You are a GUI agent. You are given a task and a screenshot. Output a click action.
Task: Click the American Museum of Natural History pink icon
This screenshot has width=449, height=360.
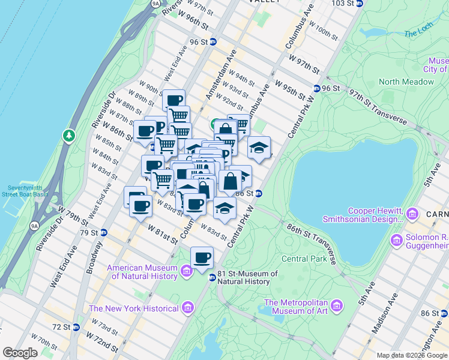tap(186, 271)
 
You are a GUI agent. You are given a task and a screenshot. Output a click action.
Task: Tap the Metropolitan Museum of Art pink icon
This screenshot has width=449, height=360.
tap(336, 307)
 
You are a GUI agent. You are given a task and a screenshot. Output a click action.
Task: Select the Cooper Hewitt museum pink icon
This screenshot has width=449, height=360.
tap(412, 214)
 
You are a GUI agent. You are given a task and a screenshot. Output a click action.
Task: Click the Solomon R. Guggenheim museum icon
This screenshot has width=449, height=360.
tap(396, 241)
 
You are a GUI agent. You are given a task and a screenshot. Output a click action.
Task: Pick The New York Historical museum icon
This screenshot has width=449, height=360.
tap(187, 308)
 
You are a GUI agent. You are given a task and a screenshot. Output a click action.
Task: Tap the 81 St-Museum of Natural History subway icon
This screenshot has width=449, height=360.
tap(212, 277)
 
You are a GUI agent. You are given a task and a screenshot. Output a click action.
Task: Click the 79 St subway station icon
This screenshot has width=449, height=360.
tap(103, 232)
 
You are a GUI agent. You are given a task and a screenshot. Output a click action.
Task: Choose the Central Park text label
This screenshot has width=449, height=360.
tap(304, 259)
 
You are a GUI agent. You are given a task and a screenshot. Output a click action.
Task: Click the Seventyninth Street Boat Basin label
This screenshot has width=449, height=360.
tap(24, 190)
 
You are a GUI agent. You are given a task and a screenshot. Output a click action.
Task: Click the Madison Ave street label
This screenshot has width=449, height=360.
tap(384, 313)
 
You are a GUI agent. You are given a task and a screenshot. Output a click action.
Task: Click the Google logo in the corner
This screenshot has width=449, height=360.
tap(20, 353)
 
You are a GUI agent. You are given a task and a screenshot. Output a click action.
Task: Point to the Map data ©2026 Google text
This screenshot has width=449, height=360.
tap(412, 355)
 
